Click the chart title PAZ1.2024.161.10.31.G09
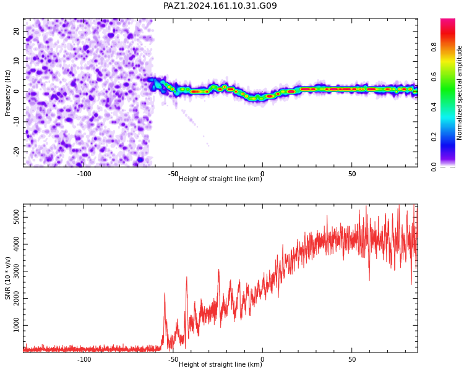(220, 6)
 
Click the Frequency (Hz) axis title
(7, 93)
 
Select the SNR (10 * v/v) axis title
(7, 278)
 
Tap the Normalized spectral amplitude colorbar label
(459, 93)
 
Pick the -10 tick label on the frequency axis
(16, 122)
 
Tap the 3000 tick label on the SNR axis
(16, 271)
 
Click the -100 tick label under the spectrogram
(84, 174)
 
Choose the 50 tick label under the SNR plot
(352, 359)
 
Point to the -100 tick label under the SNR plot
(84, 359)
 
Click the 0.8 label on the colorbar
(434, 47)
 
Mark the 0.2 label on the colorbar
(434, 137)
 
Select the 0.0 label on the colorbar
(434, 167)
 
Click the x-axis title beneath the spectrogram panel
(220, 179)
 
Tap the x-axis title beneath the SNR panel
(220, 364)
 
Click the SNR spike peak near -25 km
(218, 270)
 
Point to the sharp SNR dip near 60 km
(369, 280)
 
